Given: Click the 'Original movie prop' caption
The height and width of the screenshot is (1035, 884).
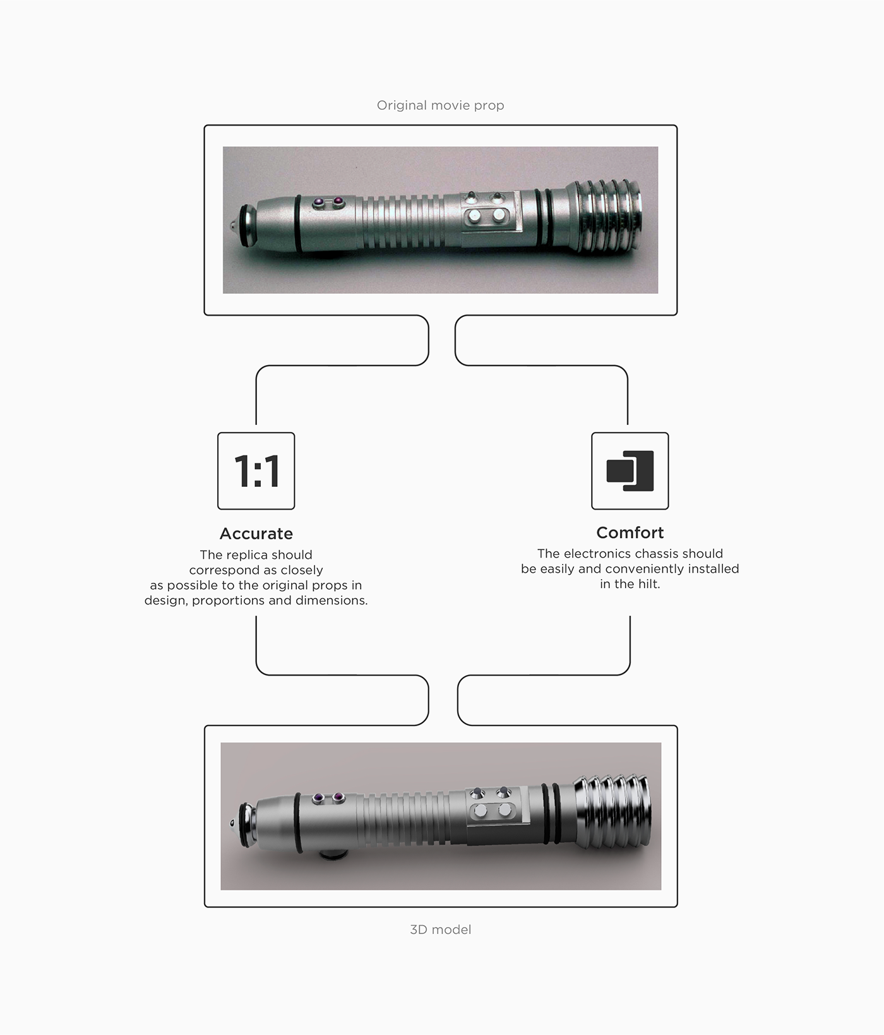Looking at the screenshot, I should (440, 105).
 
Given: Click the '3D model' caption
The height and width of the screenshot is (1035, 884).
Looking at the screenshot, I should (440, 930).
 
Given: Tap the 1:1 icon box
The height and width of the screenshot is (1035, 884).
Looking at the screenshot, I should (256, 471).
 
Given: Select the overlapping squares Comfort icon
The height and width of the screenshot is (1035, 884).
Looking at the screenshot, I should (630, 471).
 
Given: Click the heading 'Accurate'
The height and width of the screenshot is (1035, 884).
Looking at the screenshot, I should (256, 534).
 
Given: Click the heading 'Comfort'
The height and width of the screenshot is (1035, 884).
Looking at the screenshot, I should (630, 532).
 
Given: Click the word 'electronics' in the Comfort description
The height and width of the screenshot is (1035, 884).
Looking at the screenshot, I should (594, 554).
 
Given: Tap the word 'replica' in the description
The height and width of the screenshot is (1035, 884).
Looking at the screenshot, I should (256, 555).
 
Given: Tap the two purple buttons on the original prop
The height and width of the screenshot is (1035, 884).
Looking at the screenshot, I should (328, 202).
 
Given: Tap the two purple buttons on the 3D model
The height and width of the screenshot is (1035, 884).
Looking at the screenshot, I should (329, 798).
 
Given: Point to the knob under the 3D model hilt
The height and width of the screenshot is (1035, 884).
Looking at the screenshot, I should (333, 854).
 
